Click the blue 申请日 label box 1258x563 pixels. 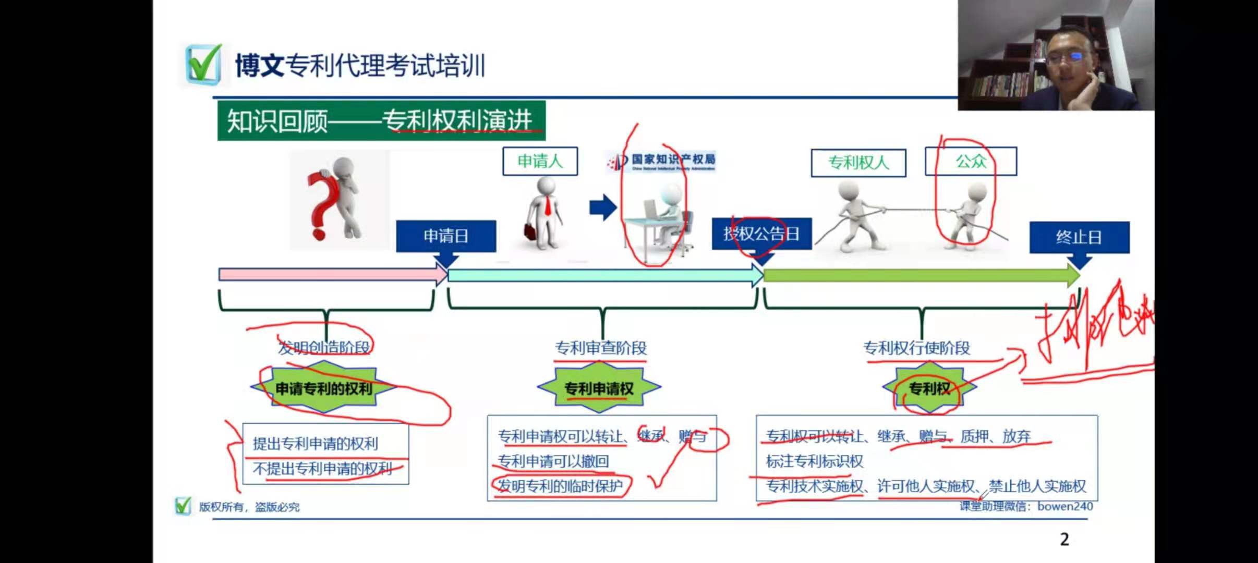[x=446, y=236]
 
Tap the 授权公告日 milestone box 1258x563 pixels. [x=761, y=234]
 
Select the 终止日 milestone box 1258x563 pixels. [x=1079, y=238]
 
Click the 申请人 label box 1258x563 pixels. [x=540, y=161]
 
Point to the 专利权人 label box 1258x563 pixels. [x=858, y=163]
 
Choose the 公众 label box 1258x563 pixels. [x=971, y=161]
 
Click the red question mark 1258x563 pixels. [x=319, y=206]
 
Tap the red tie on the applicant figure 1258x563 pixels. [x=548, y=205]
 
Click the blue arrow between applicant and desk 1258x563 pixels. [x=603, y=207]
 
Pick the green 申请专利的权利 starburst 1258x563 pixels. [x=324, y=388]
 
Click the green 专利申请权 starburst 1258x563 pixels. [x=599, y=388]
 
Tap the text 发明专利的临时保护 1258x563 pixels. [x=560, y=486]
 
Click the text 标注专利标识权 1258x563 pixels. [x=814, y=461]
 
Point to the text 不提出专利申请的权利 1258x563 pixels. [x=322, y=469]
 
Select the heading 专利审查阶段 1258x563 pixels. [x=600, y=348]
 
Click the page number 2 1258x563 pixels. [x=1065, y=539]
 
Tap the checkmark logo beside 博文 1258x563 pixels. [x=203, y=64]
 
